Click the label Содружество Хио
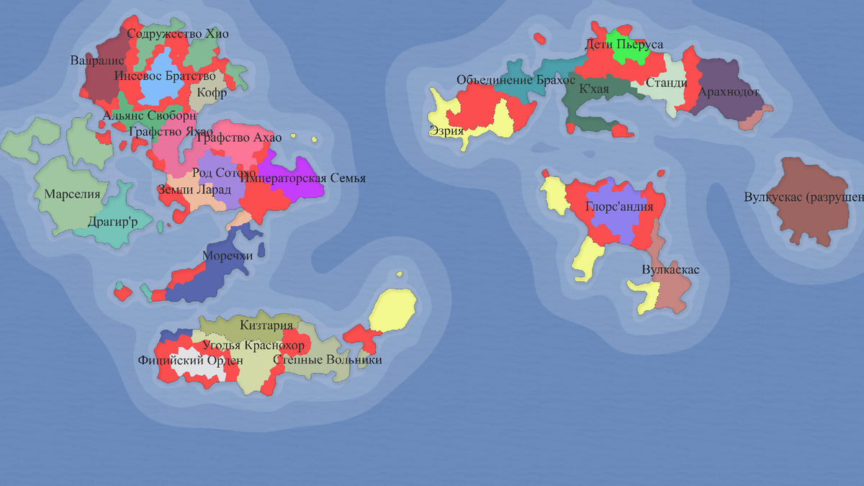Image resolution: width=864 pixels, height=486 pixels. click(x=178, y=34)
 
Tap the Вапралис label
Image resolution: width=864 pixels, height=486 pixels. click(x=97, y=60)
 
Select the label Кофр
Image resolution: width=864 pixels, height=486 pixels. click(x=212, y=93)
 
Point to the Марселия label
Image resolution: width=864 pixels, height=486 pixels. click(x=72, y=194)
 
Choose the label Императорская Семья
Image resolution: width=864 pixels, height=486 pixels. click(x=303, y=179)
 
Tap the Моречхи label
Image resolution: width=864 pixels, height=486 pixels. click(x=228, y=256)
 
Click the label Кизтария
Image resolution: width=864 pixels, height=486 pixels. click(x=266, y=325)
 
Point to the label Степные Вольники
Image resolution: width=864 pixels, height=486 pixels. click(x=328, y=360)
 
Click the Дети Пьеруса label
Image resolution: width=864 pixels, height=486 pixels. click(x=624, y=45)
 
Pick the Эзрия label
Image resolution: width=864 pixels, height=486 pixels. click(x=446, y=131)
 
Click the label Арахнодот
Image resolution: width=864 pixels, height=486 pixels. click(x=729, y=92)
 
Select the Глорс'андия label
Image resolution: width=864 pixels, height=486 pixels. click(x=619, y=207)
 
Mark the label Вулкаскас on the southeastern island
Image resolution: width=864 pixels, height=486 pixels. click(x=670, y=270)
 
